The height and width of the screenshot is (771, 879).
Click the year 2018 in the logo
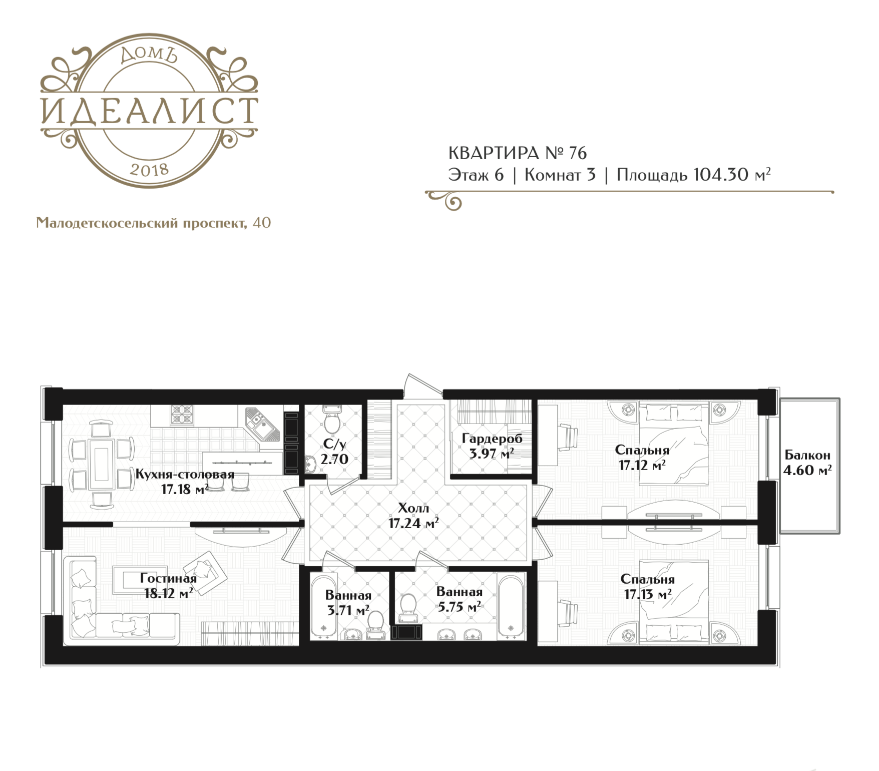click(149, 170)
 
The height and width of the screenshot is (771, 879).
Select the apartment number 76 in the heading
click(578, 153)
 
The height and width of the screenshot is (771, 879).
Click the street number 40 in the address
click(262, 222)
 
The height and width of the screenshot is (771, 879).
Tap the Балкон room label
click(807, 455)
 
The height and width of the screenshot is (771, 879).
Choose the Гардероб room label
click(492, 439)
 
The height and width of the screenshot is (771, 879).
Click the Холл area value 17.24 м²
click(413, 524)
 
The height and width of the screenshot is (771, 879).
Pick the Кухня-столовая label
click(185, 474)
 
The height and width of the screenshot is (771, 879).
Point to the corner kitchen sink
click(260, 425)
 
